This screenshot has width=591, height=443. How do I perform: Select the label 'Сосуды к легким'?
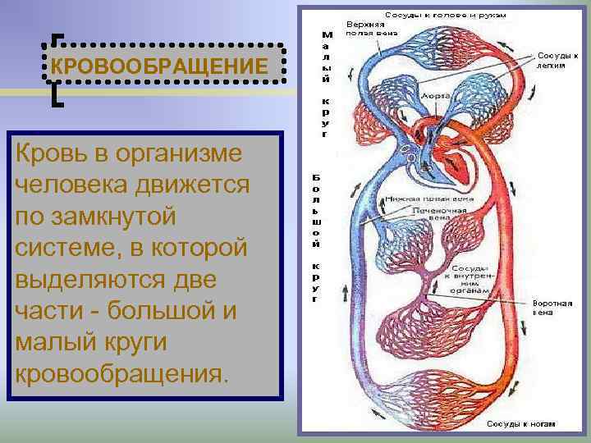557,60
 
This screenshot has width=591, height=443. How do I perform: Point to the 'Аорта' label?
435,96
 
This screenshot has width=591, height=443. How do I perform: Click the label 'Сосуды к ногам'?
520,424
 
